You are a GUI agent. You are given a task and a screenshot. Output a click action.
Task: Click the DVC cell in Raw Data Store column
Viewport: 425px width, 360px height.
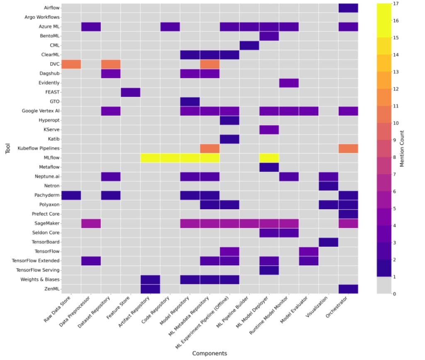pos(71,64)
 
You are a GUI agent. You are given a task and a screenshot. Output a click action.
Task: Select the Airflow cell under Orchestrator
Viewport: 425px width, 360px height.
pos(348,8)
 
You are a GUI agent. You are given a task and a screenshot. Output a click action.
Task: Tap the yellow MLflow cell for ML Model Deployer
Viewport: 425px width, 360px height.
pos(269,158)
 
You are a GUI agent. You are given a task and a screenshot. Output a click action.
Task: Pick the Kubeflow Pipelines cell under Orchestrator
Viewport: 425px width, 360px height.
pos(348,148)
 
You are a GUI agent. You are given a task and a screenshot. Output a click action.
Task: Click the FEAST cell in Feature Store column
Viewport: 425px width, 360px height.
pos(130,92)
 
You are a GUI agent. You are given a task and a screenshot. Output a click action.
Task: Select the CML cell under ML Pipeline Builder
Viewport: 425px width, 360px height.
pos(249,45)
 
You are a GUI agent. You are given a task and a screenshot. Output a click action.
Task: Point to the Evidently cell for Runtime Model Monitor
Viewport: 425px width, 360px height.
pos(289,83)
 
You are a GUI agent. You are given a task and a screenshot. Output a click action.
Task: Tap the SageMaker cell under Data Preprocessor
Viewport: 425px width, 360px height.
pos(91,223)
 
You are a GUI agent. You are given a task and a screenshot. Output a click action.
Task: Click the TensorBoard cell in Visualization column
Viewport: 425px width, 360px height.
pos(328,242)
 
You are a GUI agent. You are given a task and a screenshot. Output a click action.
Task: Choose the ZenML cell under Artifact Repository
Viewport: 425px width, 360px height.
pos(150,289)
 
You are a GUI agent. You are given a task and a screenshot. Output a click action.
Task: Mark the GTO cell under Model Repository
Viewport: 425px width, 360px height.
pos(190,102)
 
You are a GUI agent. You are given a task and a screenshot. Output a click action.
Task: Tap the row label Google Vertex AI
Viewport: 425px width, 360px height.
pos(41,111)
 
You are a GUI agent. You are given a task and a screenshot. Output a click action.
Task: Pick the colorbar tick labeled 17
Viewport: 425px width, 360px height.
pos(396,4)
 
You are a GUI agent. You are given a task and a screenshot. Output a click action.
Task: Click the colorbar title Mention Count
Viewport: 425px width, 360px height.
pos(402,149)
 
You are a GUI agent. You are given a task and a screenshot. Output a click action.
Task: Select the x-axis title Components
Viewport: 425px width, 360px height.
pos(210,353)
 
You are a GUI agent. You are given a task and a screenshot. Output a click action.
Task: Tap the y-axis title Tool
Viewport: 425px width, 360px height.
pos(8,149)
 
